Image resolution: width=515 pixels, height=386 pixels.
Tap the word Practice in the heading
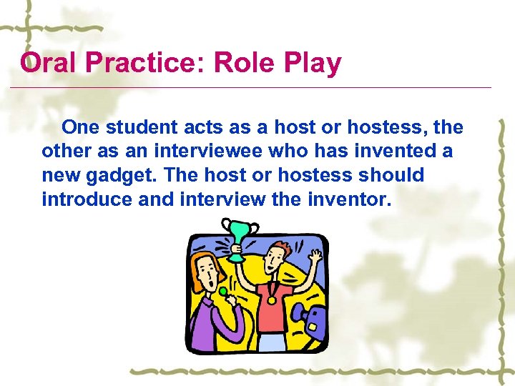click(134, 64)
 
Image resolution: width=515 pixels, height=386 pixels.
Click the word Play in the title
click(311, 64)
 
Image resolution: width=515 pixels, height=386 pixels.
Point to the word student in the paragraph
click(144, 128)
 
